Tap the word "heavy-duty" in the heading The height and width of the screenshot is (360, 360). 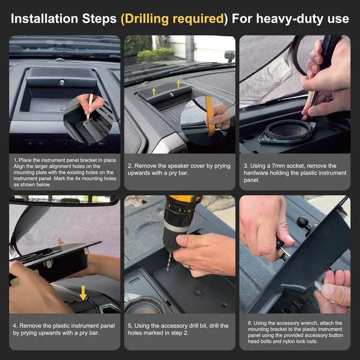290,19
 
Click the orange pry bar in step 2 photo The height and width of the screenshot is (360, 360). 210,116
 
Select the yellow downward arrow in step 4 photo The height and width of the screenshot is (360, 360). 83,293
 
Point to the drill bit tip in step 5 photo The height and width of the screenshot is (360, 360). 168,271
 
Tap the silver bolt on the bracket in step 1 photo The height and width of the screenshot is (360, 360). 62,83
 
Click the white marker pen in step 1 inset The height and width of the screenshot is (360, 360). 90,107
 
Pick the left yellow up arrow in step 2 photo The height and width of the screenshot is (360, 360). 154,91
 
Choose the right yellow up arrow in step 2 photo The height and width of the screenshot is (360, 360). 178,84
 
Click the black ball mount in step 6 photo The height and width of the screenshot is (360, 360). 303,222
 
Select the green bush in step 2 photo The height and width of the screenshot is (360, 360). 156,55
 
